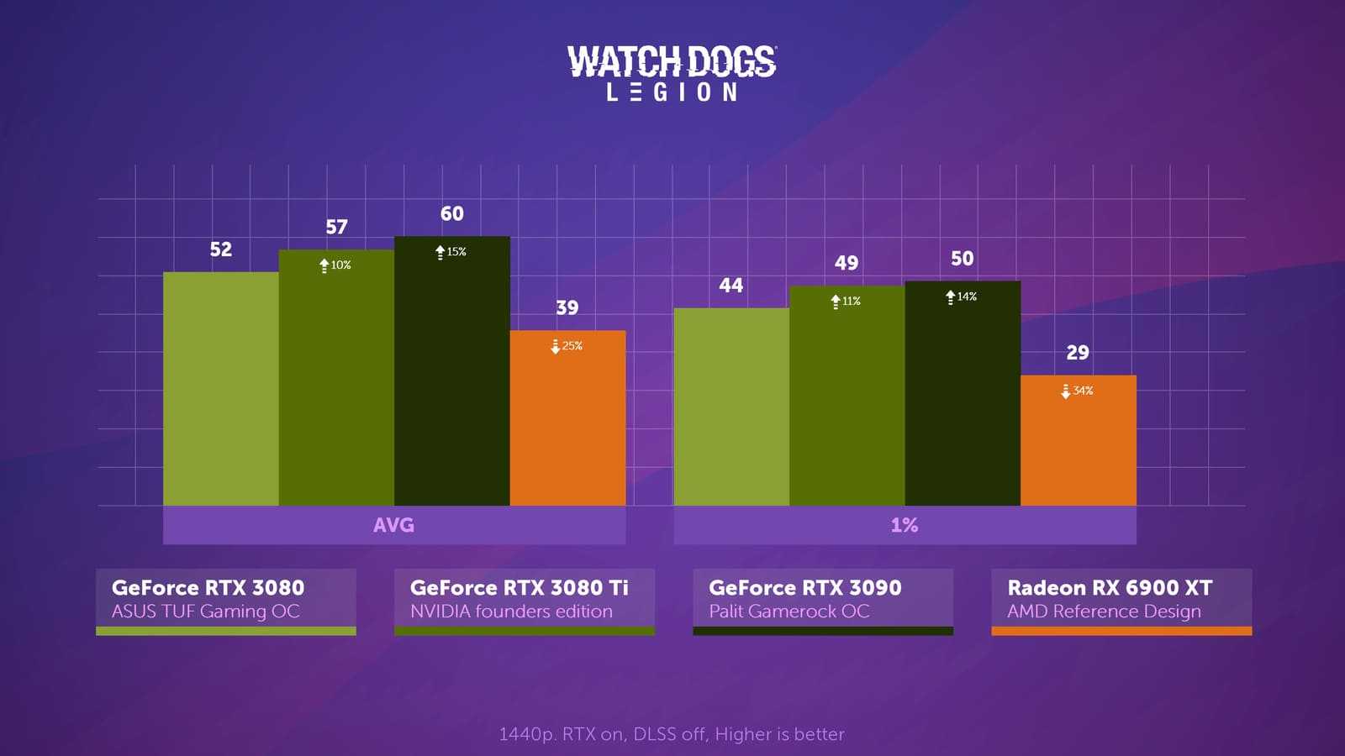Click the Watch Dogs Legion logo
672,73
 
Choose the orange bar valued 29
1078,440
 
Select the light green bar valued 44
731,407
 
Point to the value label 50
962,259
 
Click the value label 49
847,263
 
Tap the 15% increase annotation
451,251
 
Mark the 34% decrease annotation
1077,391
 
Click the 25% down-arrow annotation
567,345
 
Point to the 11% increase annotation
846,301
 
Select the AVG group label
393,525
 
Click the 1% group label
905,525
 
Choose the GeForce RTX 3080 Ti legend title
519,587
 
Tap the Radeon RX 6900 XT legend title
1110,587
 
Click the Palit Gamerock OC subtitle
789,612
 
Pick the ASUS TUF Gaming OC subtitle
205,612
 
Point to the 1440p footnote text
672,734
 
